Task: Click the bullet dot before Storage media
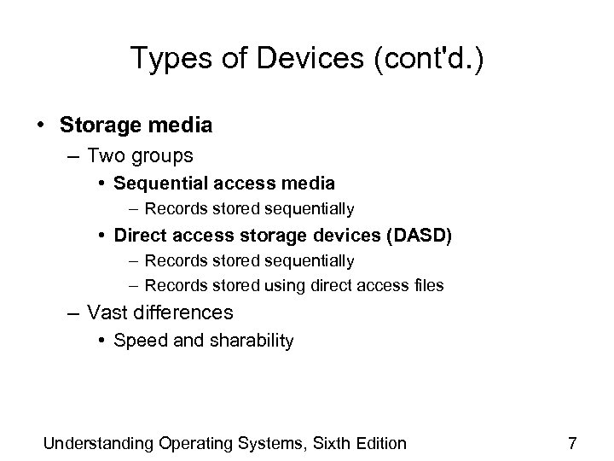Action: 41,125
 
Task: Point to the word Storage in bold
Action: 96,125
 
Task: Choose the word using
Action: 288,285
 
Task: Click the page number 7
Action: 572,443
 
